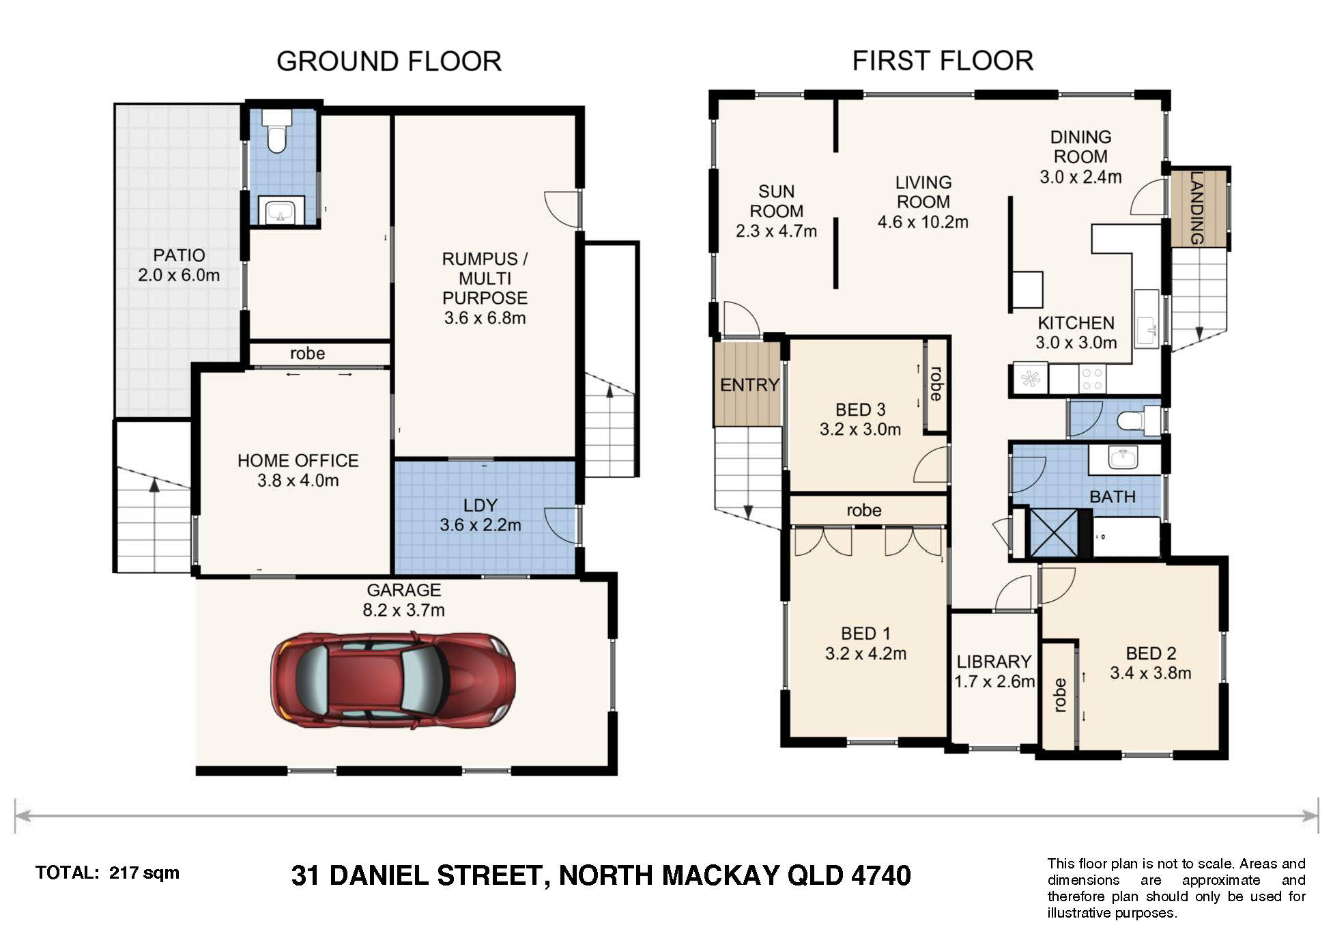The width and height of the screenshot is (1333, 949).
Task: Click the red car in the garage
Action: pos(392,681)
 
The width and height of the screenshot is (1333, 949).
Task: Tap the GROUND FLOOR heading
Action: pos(389,61)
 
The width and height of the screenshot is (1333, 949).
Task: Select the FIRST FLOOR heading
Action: pos(943,61)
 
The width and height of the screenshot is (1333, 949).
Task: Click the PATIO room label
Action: pos(179,255)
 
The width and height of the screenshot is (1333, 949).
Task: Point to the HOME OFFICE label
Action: pos(298,461)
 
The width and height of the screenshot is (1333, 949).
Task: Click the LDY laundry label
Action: pos(481,505)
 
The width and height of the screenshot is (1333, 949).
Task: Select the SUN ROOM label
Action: pos(776,201)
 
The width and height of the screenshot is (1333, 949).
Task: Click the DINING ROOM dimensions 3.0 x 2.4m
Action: pos(1080,177)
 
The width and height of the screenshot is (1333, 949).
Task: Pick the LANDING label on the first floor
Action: pos(1196,208)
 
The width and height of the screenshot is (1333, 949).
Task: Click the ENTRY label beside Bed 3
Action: pos(749,385)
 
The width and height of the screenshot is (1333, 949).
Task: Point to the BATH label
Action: pos(1113,497)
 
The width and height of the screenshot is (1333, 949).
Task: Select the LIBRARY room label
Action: pos(994,662)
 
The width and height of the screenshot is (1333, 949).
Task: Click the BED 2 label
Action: pos(1151,653)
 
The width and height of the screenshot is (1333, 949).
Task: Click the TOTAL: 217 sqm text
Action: pos(108,873)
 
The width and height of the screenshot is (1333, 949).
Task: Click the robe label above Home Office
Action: pos(307,354)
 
